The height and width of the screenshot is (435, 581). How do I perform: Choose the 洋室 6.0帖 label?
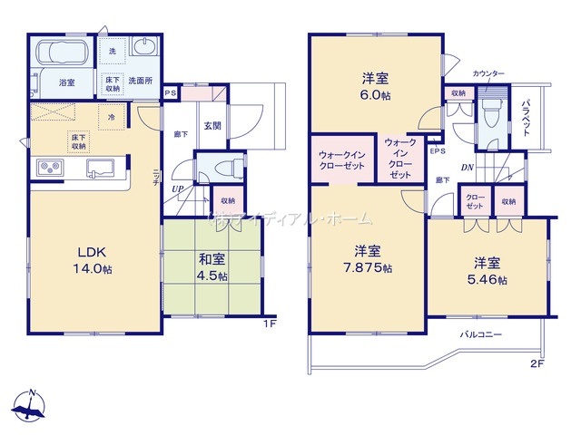[375, 83]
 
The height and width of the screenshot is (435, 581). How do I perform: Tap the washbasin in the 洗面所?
[144, 47]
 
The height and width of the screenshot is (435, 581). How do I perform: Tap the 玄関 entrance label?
[211, 126]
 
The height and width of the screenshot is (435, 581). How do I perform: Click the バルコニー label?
[480, 334]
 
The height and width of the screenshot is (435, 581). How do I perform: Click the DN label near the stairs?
[466, 167]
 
